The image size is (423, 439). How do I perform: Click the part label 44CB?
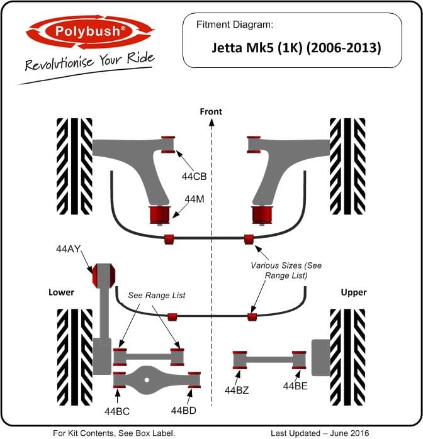pyautogui.click(x=194, y=176)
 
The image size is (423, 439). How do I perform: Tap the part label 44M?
pyautogui.click(x=195, y=199)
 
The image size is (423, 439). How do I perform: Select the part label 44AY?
pyautogui.click(x=69, y=249)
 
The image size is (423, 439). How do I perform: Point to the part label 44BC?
pyautogui.click(x=117, y=411)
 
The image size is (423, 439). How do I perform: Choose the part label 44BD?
pyautogui.click(x=183, y=411)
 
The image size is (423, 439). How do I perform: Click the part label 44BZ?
pyautogui.click(x=237, y=390)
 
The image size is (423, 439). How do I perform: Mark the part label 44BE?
pyautogui.click(x=295, y=386)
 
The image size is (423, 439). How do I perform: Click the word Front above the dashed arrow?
pyautogui.click(x=211, y=112)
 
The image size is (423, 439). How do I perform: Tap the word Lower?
pyautogui.click(x=61, y=292)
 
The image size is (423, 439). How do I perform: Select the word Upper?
pyautogui.click(x=354, y=292)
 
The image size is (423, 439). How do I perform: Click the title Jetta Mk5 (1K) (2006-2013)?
pyautogui.click(x=296, y=48)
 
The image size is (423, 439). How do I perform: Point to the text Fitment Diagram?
pyautogui.click(x=234, y=25)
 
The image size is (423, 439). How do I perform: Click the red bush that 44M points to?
pyautogui.click(x=160, y=214)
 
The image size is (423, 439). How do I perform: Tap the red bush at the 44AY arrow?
pyautogui.click(x=104, y=275)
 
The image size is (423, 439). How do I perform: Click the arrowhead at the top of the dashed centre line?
pyautogui.click(x=211, y=122)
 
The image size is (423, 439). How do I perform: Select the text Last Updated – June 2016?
pyautogui.click(x=320, y=433)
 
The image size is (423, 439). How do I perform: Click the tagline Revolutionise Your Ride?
pyautogui.click(x=89, y=61)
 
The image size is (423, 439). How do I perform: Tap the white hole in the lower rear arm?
pyautogui.click(x=147, y=380)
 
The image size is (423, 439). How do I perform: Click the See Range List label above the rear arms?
pyautogui.click(x=157, y=296)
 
